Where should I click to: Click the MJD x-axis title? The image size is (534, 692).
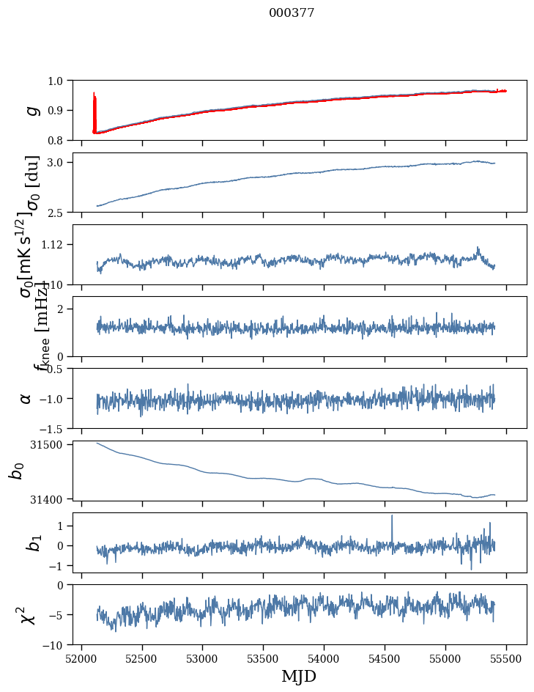pos(299,676)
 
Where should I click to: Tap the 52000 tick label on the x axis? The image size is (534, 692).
pos(81,658)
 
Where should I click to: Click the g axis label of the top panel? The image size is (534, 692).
pos(31,110)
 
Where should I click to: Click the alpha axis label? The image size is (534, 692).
pos(26,398)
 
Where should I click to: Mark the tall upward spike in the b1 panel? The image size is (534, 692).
pos(392,518)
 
